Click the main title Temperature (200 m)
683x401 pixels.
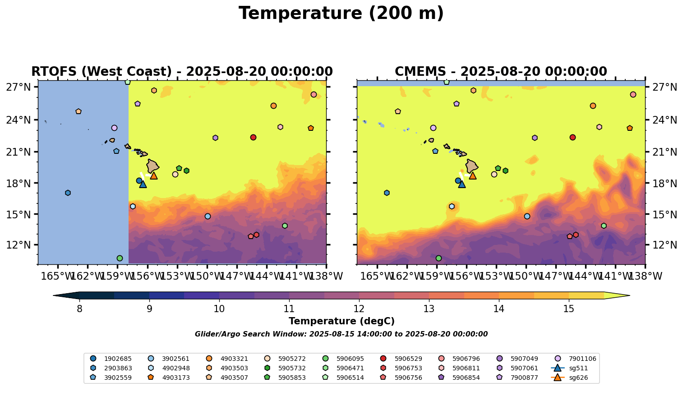(x=341, y=14)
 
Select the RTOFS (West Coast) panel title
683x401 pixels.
(x=182, y=72)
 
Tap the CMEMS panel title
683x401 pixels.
(x=501, y=72)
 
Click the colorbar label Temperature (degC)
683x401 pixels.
(x=341, y=321)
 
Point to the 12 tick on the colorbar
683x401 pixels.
(x=359, y=309)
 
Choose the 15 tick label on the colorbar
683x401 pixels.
(x=568, y=309)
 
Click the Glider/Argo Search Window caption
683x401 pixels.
(x=341, y=334)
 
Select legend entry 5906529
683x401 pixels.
(x=409, y=359)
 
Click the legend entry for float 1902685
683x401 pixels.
(x=118, y=359)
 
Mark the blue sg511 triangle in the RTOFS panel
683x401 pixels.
(x=143, y=184)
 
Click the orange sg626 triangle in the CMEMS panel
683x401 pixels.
(x=473, y=175)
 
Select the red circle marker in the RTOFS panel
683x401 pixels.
(x=254, y=137)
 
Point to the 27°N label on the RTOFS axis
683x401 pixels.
(x=18, y=87)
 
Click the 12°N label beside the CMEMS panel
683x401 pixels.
(x=664, y=245)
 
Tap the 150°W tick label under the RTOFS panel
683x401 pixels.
(x=207, y=276)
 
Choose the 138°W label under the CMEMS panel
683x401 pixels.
(x=645, y=276)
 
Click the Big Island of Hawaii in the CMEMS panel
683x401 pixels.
(x=471, y=166)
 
